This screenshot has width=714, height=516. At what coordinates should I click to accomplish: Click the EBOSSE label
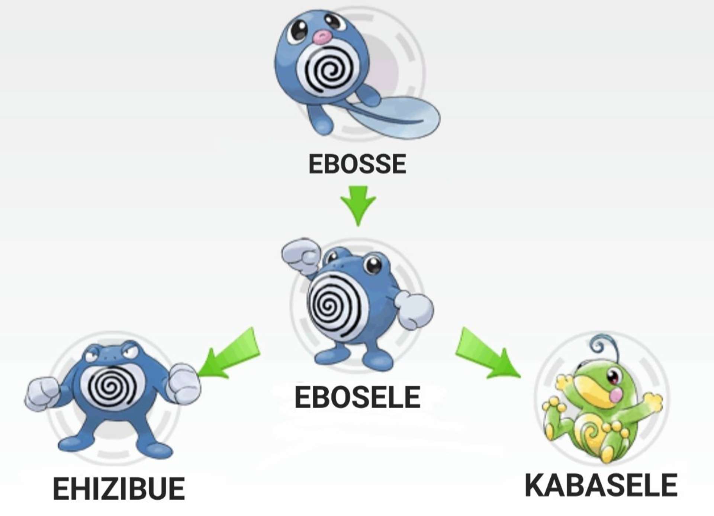pyautogui.click(x=357, y=164)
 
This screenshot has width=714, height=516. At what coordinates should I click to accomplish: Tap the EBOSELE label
pyautogui.click(x=357, y=397)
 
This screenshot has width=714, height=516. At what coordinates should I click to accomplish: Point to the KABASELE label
pyautogui.click(x=601, y=485)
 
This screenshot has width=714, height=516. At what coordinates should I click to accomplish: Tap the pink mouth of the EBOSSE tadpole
pyautogui.click(x=322, y=36)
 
